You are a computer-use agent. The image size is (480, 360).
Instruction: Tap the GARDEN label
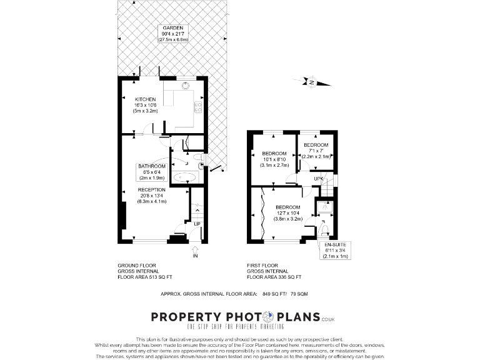(x=172, y=34)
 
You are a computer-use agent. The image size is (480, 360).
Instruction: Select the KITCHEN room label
(x=144, y=104)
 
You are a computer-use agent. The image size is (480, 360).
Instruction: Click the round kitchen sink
(x=186, y=87)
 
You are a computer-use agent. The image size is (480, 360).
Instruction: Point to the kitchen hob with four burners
(x=198, y=107)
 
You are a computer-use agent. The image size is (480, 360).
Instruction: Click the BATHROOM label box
(x=152, y=171)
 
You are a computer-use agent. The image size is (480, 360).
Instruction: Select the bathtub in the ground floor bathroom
(x=185, y=178)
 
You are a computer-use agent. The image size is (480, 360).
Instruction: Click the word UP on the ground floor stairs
(x=196, y=224)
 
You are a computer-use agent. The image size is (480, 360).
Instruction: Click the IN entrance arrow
(x=195, y=252)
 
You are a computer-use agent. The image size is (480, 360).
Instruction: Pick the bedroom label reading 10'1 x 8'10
(x=274, y=159)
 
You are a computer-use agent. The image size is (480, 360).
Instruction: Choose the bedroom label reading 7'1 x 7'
(x=316, y=151)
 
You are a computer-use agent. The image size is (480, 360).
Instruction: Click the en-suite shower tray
(x=324, y=207)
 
